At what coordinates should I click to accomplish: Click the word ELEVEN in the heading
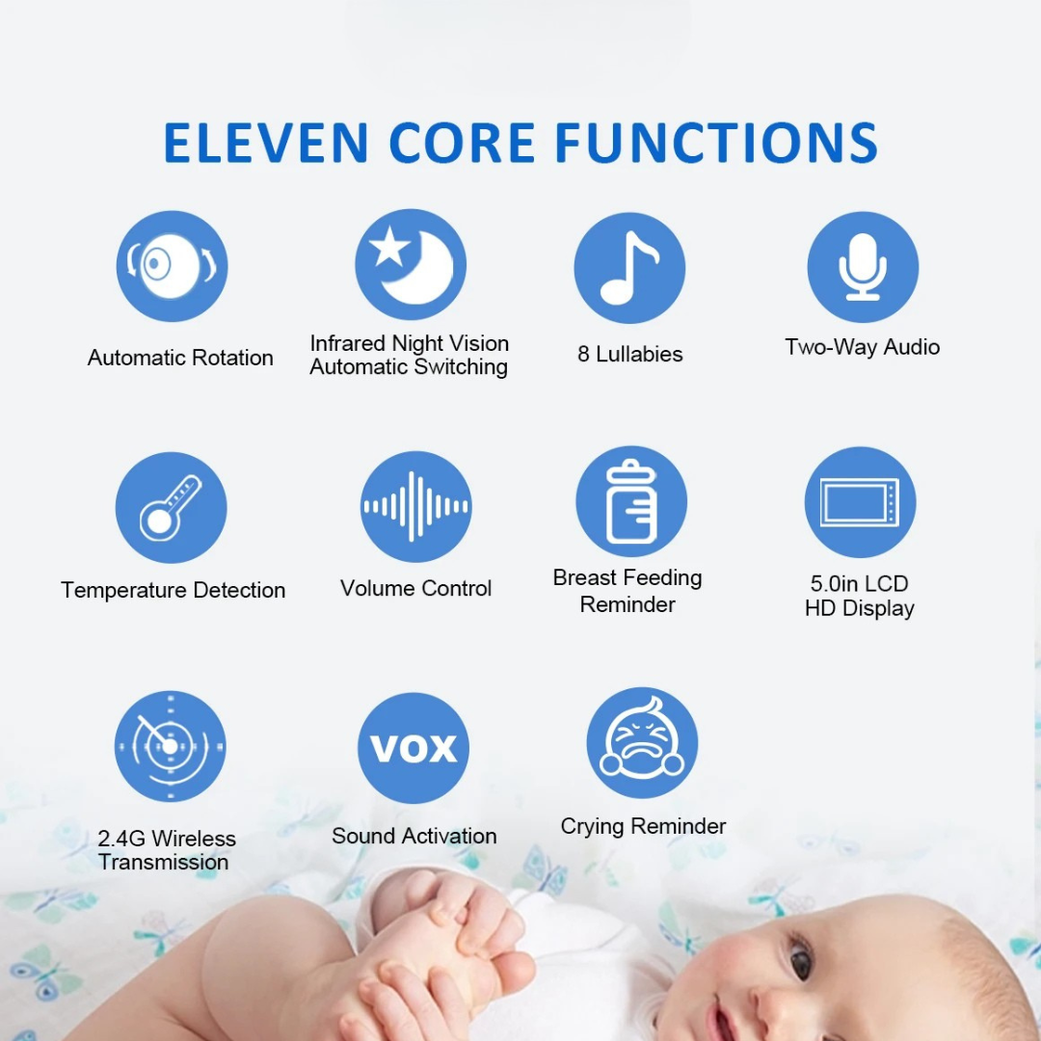pos(265,142)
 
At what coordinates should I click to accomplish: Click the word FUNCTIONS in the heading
pos(716,142)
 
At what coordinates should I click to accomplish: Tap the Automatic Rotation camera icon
pos(172,266)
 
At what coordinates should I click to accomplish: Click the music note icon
pos(629,268)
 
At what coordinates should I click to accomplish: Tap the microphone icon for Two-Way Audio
pos(863,267)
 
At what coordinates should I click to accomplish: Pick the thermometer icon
pos(171,507)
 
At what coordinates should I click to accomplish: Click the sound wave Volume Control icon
pos(415,506)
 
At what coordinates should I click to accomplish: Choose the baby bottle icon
pos(631,501)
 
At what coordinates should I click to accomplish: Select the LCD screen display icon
pos(860,502)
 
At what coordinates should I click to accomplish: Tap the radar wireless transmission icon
pos(170,746)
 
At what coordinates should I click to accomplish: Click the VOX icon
pos(414,748)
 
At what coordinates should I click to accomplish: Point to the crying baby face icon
pos(642,743)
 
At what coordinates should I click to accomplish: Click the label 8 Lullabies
pos(630,354)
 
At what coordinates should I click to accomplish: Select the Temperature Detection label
pos(173,590)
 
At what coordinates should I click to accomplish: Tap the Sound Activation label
pos(414,836)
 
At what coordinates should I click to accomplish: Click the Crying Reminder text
pos(643,826)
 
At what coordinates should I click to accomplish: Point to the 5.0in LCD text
pos(860,583)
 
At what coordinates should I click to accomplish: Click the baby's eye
pos(801,959)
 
